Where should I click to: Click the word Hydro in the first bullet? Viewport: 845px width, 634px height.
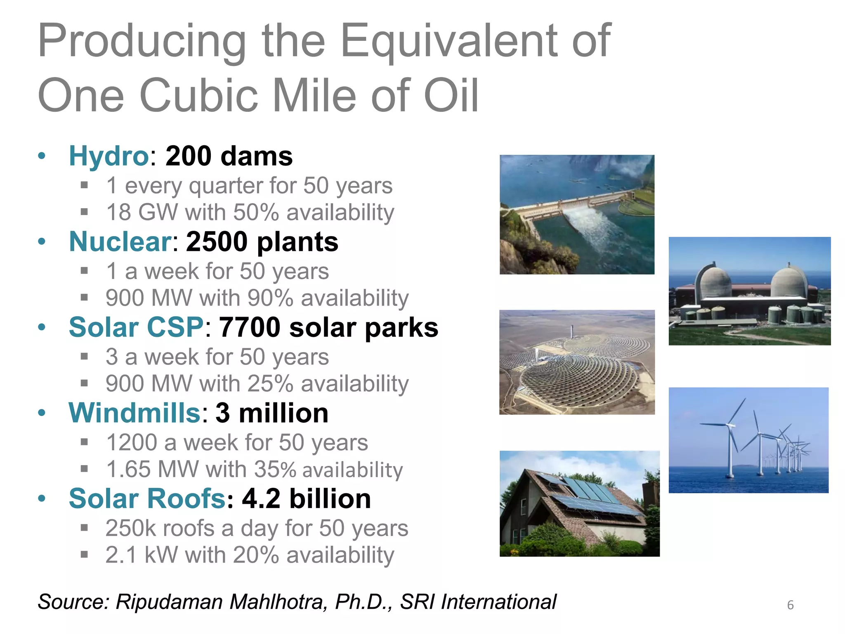108,156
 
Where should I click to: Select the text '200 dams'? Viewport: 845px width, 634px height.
229,156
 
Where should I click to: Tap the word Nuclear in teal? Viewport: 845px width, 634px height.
120,242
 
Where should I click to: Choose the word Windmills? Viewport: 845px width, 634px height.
135,413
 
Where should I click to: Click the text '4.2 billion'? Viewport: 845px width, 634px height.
306,499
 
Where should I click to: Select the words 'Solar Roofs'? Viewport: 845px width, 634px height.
147,499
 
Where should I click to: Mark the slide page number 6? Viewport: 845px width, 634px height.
790,605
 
